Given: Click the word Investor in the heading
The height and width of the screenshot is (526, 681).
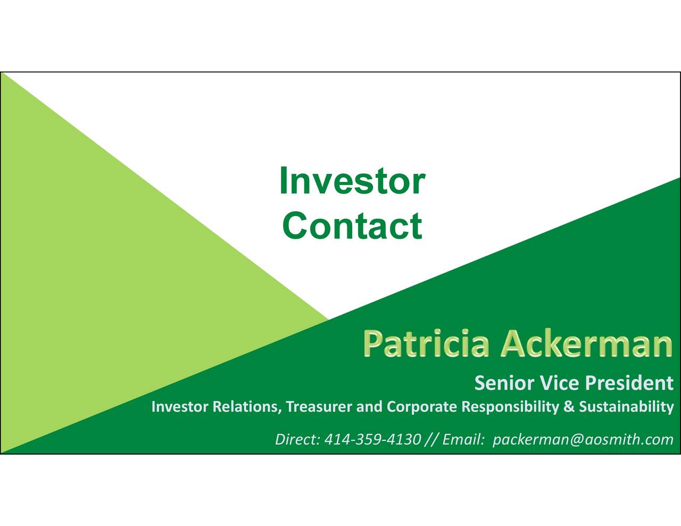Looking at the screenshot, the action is (352, 181).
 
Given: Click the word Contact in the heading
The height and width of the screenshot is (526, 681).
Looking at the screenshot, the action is (352, 226).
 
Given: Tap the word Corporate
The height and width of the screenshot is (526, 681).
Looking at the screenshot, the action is (422, 407).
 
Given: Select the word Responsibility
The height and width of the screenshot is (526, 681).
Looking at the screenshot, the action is (510, 407).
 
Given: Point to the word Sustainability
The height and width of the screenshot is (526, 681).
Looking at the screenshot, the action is (626, 407).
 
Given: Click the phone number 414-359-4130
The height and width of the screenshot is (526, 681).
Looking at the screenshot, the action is (372, 439).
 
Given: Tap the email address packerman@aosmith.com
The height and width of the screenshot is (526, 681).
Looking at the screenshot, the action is (583, 440).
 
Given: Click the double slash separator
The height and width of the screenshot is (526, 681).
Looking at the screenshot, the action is (431, 440).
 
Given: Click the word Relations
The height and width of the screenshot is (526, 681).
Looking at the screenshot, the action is (247, 407).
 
